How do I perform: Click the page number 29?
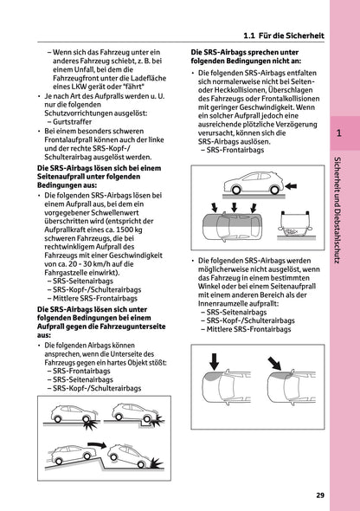click(x=320, y=495)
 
